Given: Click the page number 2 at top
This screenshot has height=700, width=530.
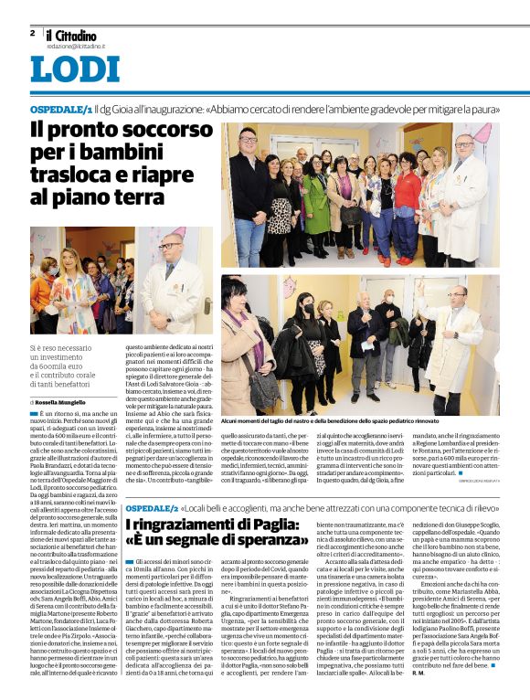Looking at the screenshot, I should pos(33,34).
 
